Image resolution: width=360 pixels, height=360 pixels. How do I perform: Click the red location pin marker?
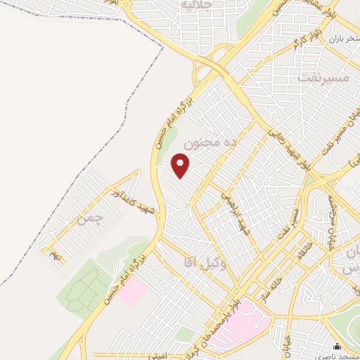181,166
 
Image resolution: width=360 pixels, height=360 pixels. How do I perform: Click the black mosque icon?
337,346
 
